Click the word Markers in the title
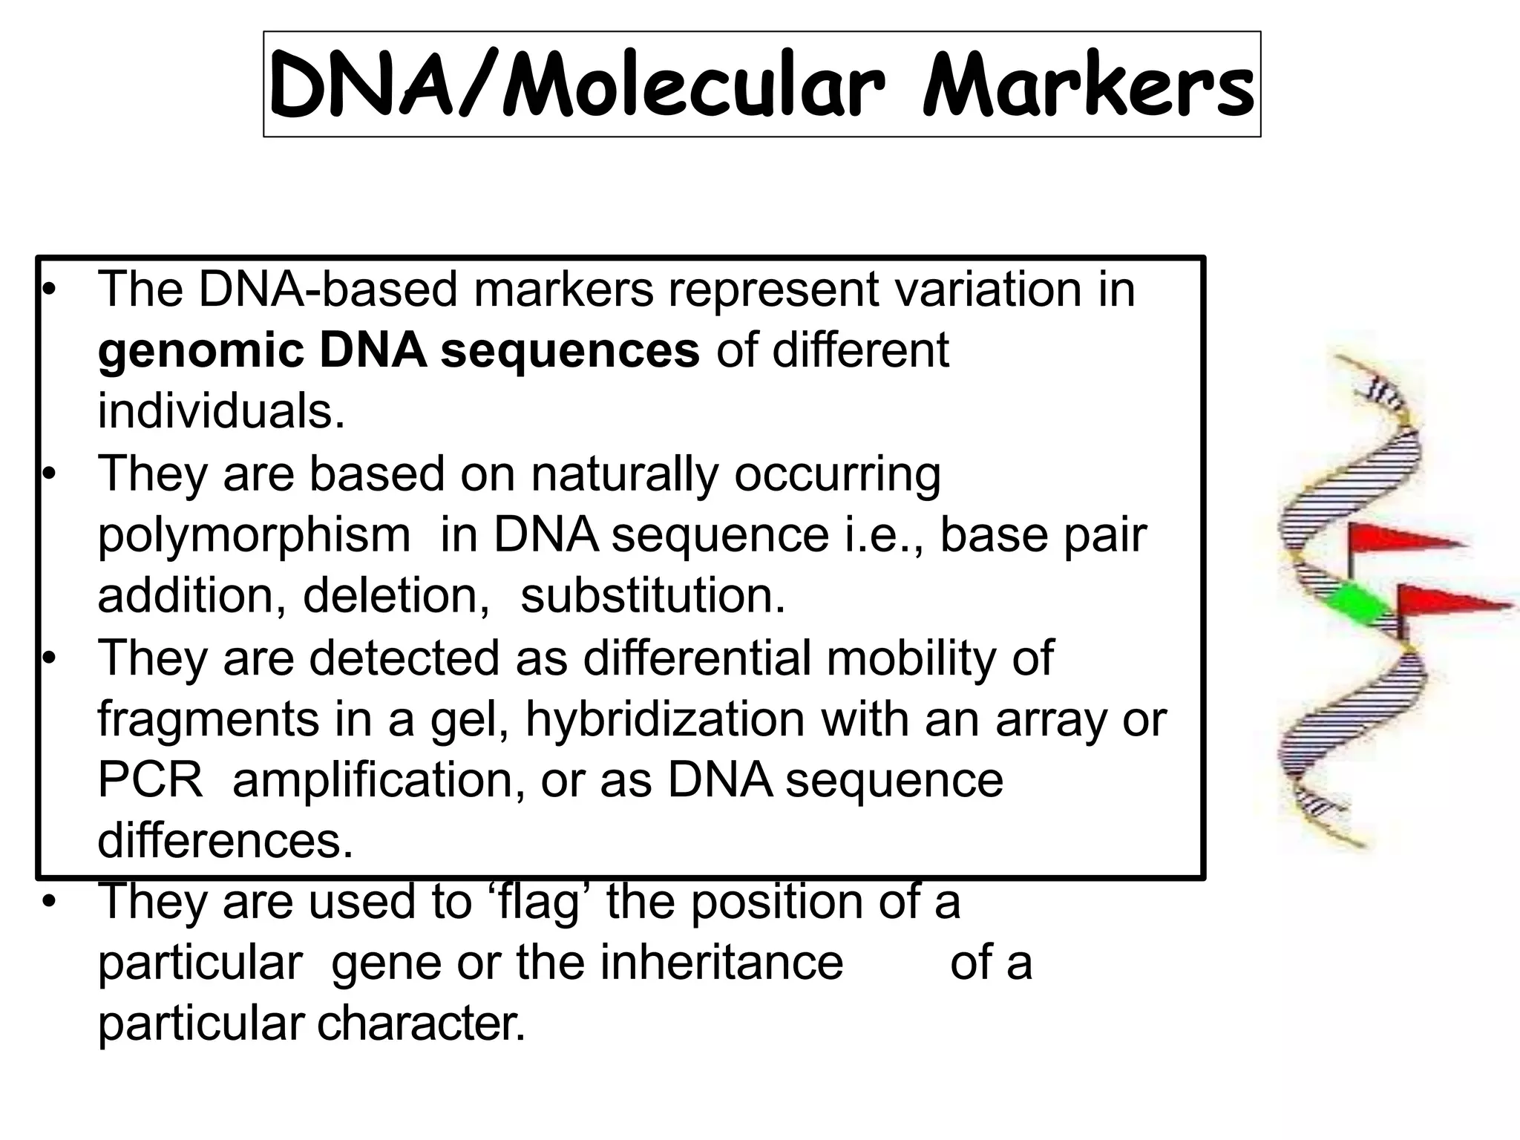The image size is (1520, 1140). point(1087,88)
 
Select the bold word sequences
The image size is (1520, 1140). point(570,350)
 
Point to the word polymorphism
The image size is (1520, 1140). point(254,536)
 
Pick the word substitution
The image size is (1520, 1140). point(652,595)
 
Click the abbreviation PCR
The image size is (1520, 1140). point(151,779)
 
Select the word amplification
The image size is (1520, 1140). point(380,781)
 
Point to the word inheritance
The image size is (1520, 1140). point(721,963)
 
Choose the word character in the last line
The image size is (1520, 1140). point(421,1024)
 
